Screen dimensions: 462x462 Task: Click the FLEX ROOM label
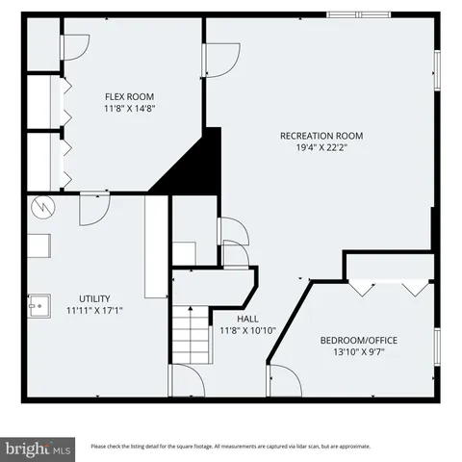tap(129, 96)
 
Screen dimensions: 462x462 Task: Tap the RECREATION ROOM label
tap(321, 136)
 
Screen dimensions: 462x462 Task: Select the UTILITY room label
tap(95, 298)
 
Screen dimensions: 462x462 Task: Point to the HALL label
tap(247, 319)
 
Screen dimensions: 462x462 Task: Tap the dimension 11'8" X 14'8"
tap(129, 109)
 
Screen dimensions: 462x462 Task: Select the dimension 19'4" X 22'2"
tap(321, 148)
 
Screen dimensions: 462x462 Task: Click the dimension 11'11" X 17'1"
tap(95, 311)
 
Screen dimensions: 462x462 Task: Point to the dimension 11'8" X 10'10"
tap(247, 331)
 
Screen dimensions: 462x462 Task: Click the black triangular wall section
tap(192, 164)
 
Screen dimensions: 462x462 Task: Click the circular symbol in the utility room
tap(43, 206)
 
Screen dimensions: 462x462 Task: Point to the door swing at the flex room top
tap(75, 42)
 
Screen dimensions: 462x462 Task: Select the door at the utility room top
tap(94, 209)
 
